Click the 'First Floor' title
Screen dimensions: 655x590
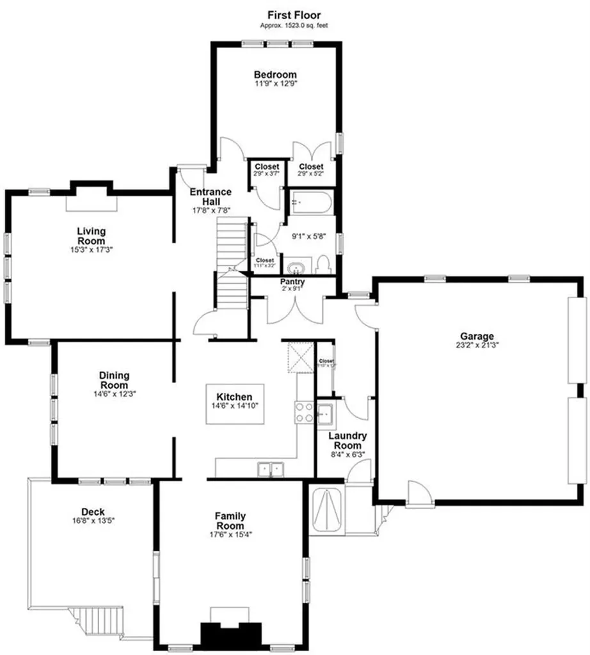tap(294, 15)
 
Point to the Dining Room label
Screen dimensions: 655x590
tap(115, 380)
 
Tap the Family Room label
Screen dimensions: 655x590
tap(230, 521)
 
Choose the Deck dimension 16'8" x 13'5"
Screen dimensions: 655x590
tap(89, 521)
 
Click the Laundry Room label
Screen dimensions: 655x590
tap(347, 440)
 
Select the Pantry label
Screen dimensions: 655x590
tap(292, 281)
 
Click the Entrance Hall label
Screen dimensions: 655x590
tap(210, 196)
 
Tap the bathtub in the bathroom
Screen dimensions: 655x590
tap(310, 203)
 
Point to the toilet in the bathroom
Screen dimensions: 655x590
tap(323, 264)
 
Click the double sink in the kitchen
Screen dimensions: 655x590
tap(271, 470)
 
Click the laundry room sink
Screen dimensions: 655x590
tap(325, 415)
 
